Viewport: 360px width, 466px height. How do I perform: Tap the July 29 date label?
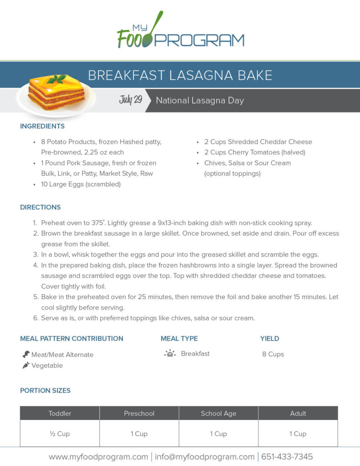click(131, 100)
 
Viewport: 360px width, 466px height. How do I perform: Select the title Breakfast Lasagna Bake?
click(180, 75)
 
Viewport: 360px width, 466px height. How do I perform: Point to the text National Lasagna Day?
click(200, 101)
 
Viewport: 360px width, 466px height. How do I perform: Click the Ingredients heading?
click(42, 126)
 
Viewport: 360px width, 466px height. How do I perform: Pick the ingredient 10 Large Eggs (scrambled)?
click(80, 184)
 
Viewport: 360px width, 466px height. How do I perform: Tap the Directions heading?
click(41, 207)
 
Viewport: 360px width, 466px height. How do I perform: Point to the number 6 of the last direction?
click(35, 318)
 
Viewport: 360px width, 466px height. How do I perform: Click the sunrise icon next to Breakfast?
click(170, 354)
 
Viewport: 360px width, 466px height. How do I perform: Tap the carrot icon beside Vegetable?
click(26, 365)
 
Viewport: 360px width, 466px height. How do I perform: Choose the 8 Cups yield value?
click(273, 354)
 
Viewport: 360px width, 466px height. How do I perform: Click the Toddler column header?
click(60, 414)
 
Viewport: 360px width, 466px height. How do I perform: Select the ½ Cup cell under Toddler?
click(60, 434)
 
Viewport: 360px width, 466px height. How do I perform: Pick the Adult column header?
click(298, 414)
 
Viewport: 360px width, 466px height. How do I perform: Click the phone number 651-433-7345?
click(286, 456)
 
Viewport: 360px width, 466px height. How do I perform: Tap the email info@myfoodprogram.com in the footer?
click(205, 456)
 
